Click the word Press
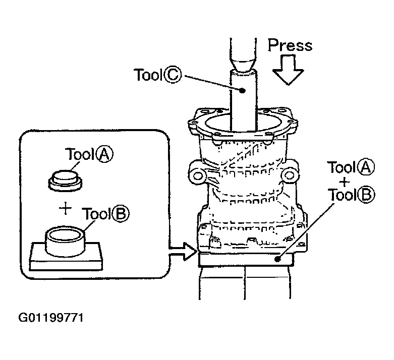click(x=290, y=45)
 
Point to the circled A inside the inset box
click(x=104, y=155)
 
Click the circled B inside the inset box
click(x=120, y=215)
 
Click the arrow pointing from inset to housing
click(x=182, y=252)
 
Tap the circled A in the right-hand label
click(x=366, y=167)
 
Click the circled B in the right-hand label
click(x=365, y=194)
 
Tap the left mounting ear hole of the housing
click(x=198, y=176)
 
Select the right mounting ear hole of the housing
click(x=289, y=175)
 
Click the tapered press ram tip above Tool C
click(x=242, y=61)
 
